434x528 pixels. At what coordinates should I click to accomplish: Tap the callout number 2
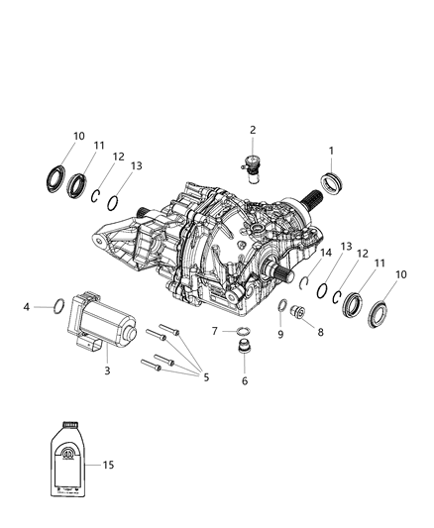pyautogui.click(x=253, y=130)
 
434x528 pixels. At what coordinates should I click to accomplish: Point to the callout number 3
pyautogui.click(x=108, y=370)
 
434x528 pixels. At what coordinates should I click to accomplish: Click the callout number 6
pyautogui.click(x=245, y=380)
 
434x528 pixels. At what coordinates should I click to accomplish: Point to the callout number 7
pyautogui.click(x=215, y=330)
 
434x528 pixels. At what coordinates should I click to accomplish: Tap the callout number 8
pyautogui.click(x=320, y=333)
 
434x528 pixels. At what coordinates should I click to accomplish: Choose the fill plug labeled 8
pyautogui.click(x=301, y=314)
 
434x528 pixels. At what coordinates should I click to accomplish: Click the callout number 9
pyautogui.click(x=280, y=333)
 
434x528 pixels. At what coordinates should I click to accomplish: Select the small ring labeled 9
pyautogui.click(x=281, y=304)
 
